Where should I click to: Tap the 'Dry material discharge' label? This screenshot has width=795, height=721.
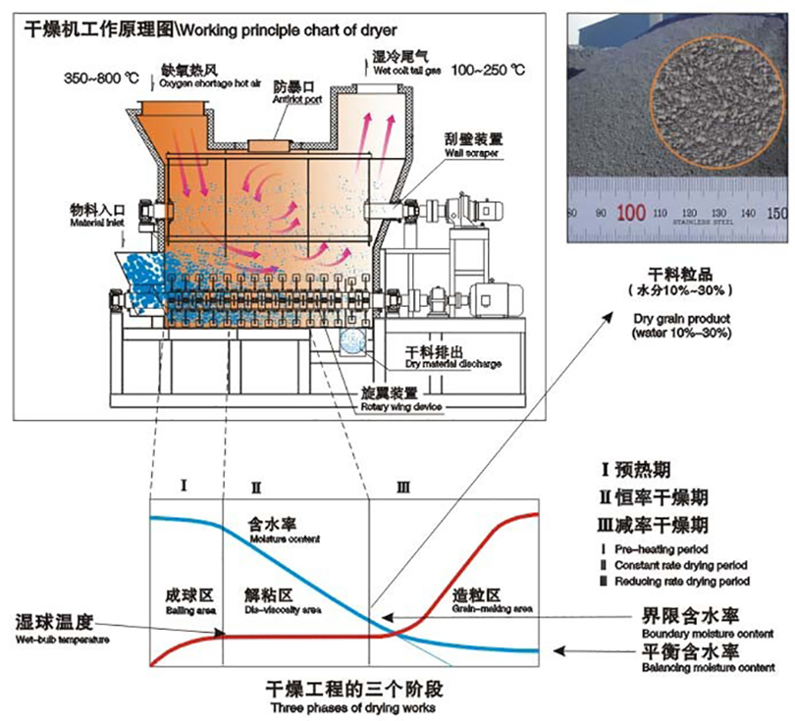coord(453,364)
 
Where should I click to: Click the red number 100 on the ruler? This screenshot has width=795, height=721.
coord(631,212)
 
